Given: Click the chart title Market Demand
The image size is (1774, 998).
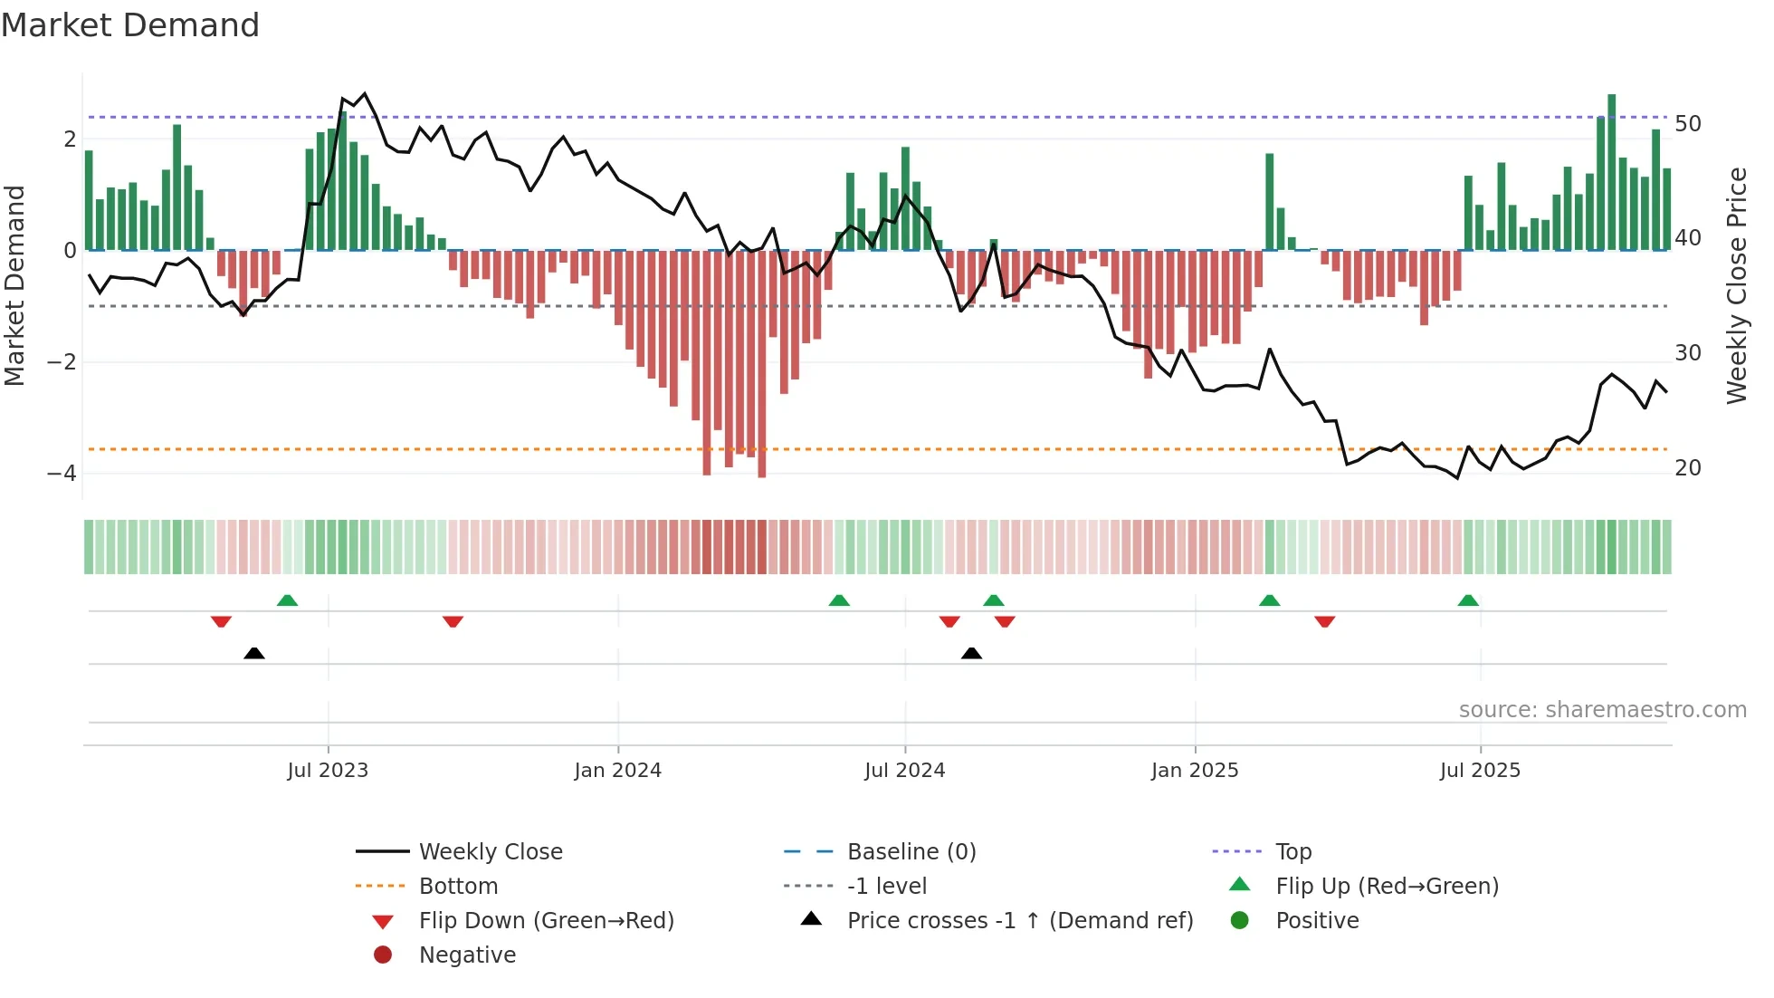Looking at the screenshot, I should (x=130, y=25).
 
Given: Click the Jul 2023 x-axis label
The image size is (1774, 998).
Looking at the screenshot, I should (x=328, y=771).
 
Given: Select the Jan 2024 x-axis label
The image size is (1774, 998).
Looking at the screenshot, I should (x=617, y=771).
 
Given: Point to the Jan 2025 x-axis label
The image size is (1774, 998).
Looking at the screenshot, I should (x=1194, y=771).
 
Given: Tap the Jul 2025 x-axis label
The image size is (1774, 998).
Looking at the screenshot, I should (x=1480, y=771).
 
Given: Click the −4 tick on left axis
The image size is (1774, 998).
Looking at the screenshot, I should (x=62, y=474).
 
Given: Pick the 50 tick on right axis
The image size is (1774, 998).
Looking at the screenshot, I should (x=1687, y=124).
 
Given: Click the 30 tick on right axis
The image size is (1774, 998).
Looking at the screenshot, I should (x=1687, y=353).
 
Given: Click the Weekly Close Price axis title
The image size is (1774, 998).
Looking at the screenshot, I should (x=1736, y=285).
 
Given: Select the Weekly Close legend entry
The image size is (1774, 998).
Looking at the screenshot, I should (x=490, y=852).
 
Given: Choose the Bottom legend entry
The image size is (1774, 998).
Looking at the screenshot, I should (x=458, y=887).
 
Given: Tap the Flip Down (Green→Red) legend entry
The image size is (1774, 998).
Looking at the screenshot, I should (x=546, y=921).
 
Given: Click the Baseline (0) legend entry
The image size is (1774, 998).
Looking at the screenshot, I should (x=911, y=852).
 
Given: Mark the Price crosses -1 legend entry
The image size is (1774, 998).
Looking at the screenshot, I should (x=1019, y=921).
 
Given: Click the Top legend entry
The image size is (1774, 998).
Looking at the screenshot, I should (x=1292, y=852).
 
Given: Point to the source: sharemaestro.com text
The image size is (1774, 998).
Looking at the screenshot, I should (x=1602, y=710).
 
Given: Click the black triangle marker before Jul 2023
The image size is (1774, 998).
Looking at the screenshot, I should (x=254, y=653).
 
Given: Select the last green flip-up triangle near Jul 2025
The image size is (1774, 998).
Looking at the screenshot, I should (x=1468, y=600).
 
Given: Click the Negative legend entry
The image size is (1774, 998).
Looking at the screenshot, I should (x=467, y=955).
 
